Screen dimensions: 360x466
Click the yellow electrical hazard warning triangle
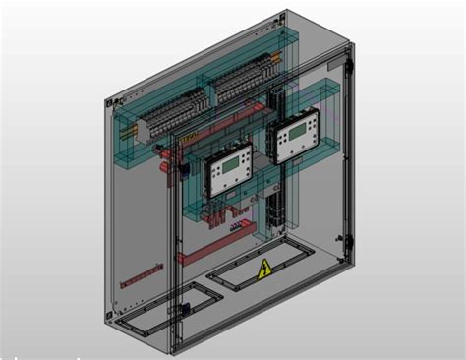coord(264,270)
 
